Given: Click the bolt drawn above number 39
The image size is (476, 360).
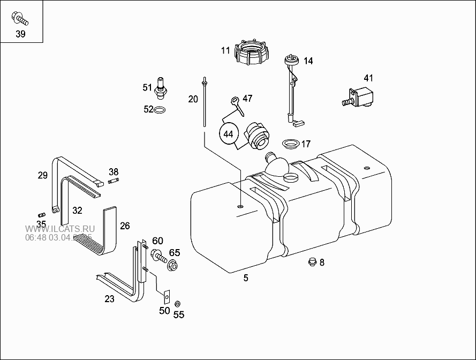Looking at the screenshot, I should [19, 19].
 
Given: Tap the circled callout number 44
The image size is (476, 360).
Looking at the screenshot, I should [229, 133].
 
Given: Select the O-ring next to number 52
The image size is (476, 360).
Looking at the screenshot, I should [159, 110].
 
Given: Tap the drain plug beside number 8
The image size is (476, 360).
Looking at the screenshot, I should [310, 261].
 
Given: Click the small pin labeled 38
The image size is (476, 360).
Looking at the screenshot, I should [113, 181].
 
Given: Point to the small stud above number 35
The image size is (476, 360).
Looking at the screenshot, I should [42, 214].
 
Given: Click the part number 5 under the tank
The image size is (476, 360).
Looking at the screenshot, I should [246, 278].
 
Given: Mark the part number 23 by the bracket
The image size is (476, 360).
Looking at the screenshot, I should [109, 299].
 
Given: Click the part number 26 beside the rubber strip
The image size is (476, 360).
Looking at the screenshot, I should [125, 226].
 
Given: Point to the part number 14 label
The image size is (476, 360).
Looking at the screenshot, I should [308, 61].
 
